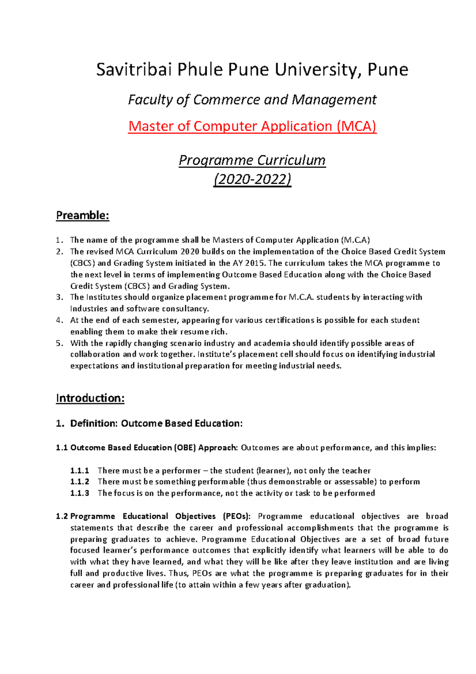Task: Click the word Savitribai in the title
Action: (x=134, y=70)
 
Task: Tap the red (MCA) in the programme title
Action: (x=356, y=126)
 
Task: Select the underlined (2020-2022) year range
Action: (x=252, y=179)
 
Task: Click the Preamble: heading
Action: (x=83, y=216)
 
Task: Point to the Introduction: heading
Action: (x=90, y=398)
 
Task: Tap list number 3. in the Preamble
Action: (x=59, y=297)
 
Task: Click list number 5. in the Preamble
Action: (x=59, y=343)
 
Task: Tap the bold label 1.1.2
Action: (x=79, y=482)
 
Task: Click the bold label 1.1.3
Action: (x=79, y=493)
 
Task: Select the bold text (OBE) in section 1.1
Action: (x=184, y=448)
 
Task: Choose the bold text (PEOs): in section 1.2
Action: (x=236, y=516)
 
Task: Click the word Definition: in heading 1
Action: (x=94, y=424)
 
